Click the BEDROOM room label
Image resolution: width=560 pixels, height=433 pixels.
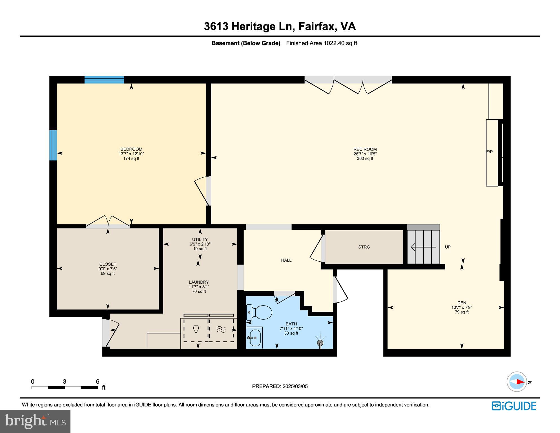(131, 149)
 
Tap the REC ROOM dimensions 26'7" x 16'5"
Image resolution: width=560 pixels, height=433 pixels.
(365, 154)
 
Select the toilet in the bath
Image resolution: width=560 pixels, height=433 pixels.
(259, 312)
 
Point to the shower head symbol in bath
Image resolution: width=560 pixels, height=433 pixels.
(320, 343)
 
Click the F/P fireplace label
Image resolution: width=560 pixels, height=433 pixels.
(490, 152)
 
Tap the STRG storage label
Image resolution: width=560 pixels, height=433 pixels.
(364, 247)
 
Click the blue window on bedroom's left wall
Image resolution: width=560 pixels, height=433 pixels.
(53, 145)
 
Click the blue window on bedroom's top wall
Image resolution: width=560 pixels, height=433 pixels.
(104, 80)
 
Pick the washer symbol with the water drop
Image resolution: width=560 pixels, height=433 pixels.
(196, 329)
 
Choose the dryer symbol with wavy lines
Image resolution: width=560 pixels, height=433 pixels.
(221, 329)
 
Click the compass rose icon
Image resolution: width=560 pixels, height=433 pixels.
(517, 382)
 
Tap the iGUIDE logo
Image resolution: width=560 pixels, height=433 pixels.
(514, 406)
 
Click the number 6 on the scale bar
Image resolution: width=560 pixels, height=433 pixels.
(98, 381)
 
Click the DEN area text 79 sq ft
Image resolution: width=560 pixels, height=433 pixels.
(462, 312)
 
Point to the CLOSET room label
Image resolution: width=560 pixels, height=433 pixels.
(108, 264)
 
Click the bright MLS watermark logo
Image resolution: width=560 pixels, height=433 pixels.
(35, 421)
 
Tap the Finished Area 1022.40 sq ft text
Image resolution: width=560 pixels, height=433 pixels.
(322, 43)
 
